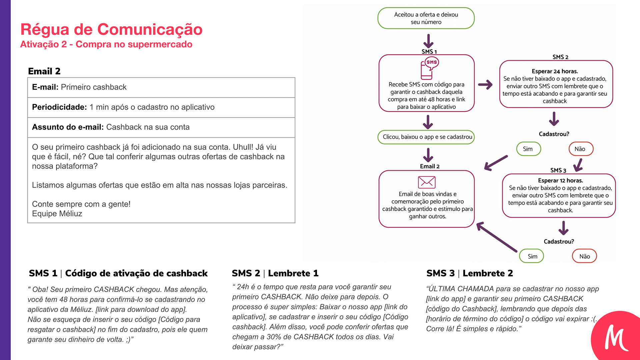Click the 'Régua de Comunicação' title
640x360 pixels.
(111, 29)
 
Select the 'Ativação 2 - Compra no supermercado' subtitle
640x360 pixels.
(106, 44)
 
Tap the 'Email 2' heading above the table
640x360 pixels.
(44, 71)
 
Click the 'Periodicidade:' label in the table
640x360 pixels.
(59, 107)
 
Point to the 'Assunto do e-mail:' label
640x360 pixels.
(68, 127)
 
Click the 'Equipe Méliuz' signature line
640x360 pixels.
(57, 214)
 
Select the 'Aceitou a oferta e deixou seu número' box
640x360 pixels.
(426, 18)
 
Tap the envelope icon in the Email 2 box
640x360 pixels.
(427, 182)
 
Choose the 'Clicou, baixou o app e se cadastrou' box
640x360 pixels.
(426, 137)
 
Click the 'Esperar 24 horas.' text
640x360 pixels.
(555, 71)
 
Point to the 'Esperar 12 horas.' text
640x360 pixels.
(560, 181)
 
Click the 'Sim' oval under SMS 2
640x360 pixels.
(528, 149)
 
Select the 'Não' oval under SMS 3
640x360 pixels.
(584, 256)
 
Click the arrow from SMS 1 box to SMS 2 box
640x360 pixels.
(485, 85)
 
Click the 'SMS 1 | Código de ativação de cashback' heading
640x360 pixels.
(118, 273)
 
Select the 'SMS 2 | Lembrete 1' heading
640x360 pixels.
(275, 273)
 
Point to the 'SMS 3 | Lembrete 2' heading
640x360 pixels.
(470, 273)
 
